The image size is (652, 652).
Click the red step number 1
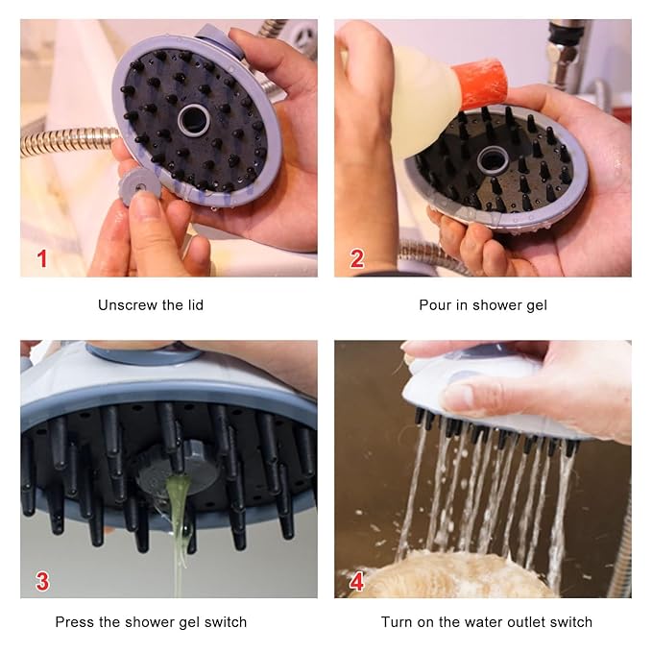[x=41, y=257]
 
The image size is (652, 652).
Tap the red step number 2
[x=357, y=257]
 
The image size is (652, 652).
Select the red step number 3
[x=41, y=580]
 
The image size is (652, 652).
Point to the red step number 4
[x=357, y=580]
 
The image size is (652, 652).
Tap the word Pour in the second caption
[x=435, y=305]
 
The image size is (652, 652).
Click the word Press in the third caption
[x=74, y=622]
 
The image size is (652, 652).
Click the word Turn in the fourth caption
[x=398, y=622]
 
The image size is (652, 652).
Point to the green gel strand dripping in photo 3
[x=176, y=519]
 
